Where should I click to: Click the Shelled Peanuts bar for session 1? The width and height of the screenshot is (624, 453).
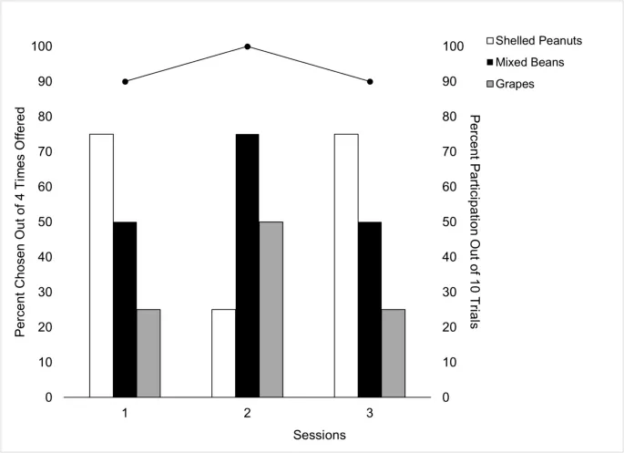101,265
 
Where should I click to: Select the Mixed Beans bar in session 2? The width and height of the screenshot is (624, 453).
247,265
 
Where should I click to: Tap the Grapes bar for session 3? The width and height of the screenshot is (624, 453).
393,353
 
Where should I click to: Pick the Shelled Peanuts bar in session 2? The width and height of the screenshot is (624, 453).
223,353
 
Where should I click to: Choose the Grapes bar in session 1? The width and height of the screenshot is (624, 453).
148,353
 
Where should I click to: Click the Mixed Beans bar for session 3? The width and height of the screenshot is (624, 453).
369,309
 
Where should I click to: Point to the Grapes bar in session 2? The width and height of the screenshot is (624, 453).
271,309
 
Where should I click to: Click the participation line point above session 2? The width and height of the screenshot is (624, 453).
247,46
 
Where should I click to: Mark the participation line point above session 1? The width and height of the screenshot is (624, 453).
125,81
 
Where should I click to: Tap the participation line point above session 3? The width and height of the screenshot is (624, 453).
369,81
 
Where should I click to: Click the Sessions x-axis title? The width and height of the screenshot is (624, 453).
319,435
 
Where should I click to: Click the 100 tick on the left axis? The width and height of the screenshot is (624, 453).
42,46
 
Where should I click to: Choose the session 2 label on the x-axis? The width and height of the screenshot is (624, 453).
247,413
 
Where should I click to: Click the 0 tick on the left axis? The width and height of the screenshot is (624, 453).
48,397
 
